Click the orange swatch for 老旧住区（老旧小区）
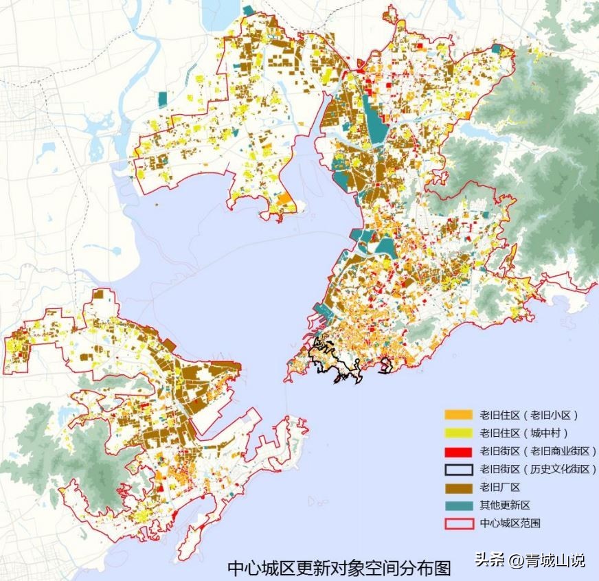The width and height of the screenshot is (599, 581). pyautogui.click(x=458, y=415)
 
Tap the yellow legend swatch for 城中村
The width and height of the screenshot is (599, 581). pyautogui.click(x=458, y=433)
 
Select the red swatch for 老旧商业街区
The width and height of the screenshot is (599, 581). pyautogui.click(x=458, y=451)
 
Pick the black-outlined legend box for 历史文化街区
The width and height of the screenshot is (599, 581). pyautogui.click(x=458, y=469)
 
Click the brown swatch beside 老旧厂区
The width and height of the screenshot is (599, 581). pyautogui.click(x=458, y=487)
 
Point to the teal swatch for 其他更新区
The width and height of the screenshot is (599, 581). pyautogui.click(x=458, y=505)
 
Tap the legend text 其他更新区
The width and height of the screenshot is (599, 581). pyautogui.click(x=505, y=505)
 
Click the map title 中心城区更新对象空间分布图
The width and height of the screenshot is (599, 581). pyautogui.click(x=339, y=568)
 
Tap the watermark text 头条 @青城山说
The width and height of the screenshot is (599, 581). pyautogui.click(x=529, y=560)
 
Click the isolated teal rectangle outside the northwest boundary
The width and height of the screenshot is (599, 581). pyautogui.click(x=162, y=100)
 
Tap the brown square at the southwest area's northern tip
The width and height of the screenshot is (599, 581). pyautogui.click(x=102, y=296)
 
